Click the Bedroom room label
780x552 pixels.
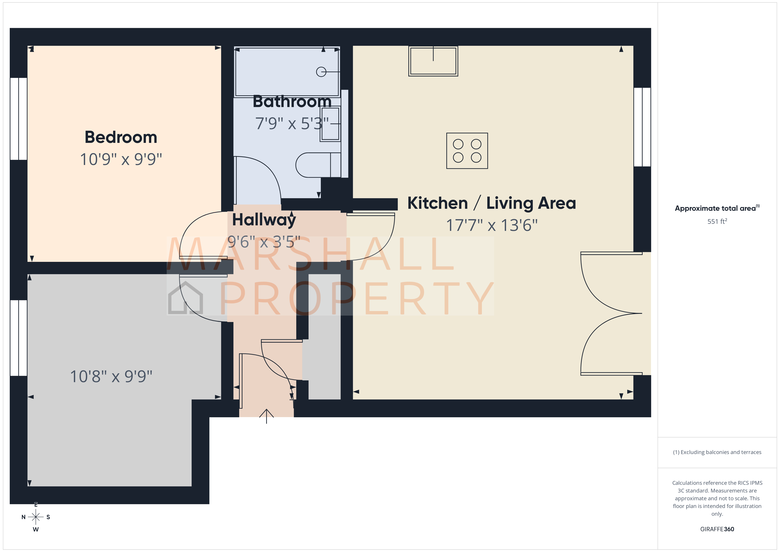pos(121,137)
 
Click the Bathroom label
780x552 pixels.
pos(292,102)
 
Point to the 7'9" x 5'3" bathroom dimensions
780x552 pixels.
pos(292,123)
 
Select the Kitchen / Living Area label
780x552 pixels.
pos(491,203)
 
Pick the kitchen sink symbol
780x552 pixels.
pos(433,61)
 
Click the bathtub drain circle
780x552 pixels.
pos(321,72)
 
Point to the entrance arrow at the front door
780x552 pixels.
pos(266,415)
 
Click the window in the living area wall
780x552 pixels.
pos(642,127)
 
